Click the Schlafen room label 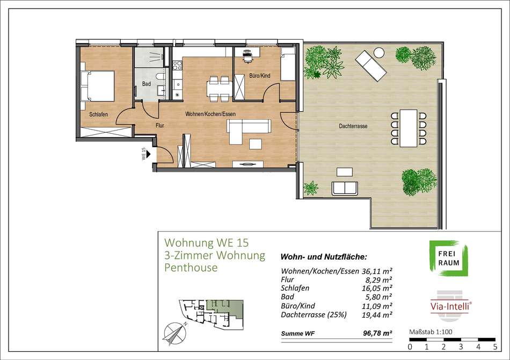point(99,114)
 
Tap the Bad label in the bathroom point(147,84)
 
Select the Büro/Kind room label point(260,76)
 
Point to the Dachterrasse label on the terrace point(353,126)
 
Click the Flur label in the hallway point(159,125)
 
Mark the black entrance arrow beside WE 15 point(148,154)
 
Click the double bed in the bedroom point(98,86)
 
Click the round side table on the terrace point(379,53)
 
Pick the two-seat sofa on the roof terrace point(345,189)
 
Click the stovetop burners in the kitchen point(178,66)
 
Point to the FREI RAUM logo point(449,258)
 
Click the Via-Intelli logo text point(451,306)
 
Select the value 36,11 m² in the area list point(377,271)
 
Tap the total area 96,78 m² point(377,333)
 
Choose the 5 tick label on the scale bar point(495,347)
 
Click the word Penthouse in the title point(191,268)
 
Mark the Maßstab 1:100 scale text point(431,332)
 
